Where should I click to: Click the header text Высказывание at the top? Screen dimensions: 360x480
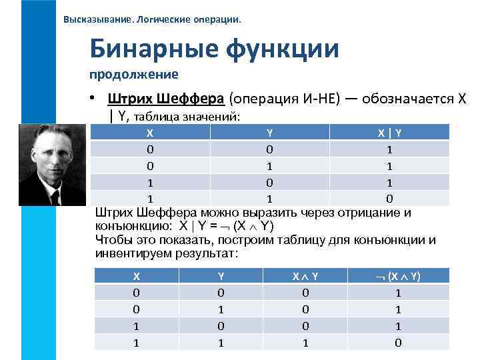[x=99, y=19]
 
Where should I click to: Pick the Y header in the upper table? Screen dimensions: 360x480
[x=269, y=132]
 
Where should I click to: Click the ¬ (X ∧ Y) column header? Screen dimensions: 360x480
[x=398, y=276]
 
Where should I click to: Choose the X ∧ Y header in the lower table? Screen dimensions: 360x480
[x=305, y=276]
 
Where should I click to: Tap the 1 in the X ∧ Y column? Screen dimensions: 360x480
[x=305, y=342]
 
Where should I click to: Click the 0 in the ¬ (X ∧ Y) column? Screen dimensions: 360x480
[x=398, y=342]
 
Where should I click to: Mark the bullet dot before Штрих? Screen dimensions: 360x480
[x=97, y=99]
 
